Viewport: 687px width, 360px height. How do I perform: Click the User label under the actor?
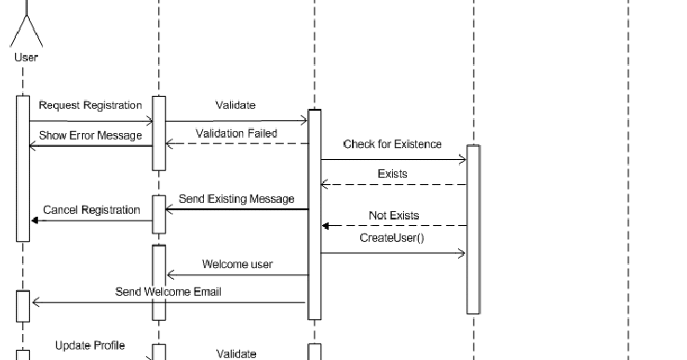[x=26, y=58]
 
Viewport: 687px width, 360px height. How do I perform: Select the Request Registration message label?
[x=90, y=105]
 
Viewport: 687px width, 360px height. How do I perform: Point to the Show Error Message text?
[x=90, y=135]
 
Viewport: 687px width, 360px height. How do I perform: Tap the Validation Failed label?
[x=236, y=133]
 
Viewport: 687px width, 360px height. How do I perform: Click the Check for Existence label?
[x=392, y=144]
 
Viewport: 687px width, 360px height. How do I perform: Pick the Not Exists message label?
[x=394, y=215]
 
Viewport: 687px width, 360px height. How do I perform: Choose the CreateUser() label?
[x=391, y=238]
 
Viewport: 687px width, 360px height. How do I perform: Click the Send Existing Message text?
[x=236, y=198]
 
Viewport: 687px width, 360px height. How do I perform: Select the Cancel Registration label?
[x=91, y=210]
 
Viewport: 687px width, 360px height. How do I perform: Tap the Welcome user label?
[x=237, y=264]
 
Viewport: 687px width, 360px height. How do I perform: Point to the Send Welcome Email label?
[x=168, y=291]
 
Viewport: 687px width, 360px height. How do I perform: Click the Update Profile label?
[x=89, y=345]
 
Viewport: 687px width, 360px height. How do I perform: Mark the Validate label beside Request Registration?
[x=236, y=105]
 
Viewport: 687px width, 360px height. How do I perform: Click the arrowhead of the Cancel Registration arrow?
[x=34, y=220]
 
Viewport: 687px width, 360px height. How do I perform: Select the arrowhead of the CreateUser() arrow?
[x=462, y=253]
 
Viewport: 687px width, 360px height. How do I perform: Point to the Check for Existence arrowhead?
[x=462, y=160]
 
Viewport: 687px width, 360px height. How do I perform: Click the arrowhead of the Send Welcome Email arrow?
[x=34, y=302]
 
